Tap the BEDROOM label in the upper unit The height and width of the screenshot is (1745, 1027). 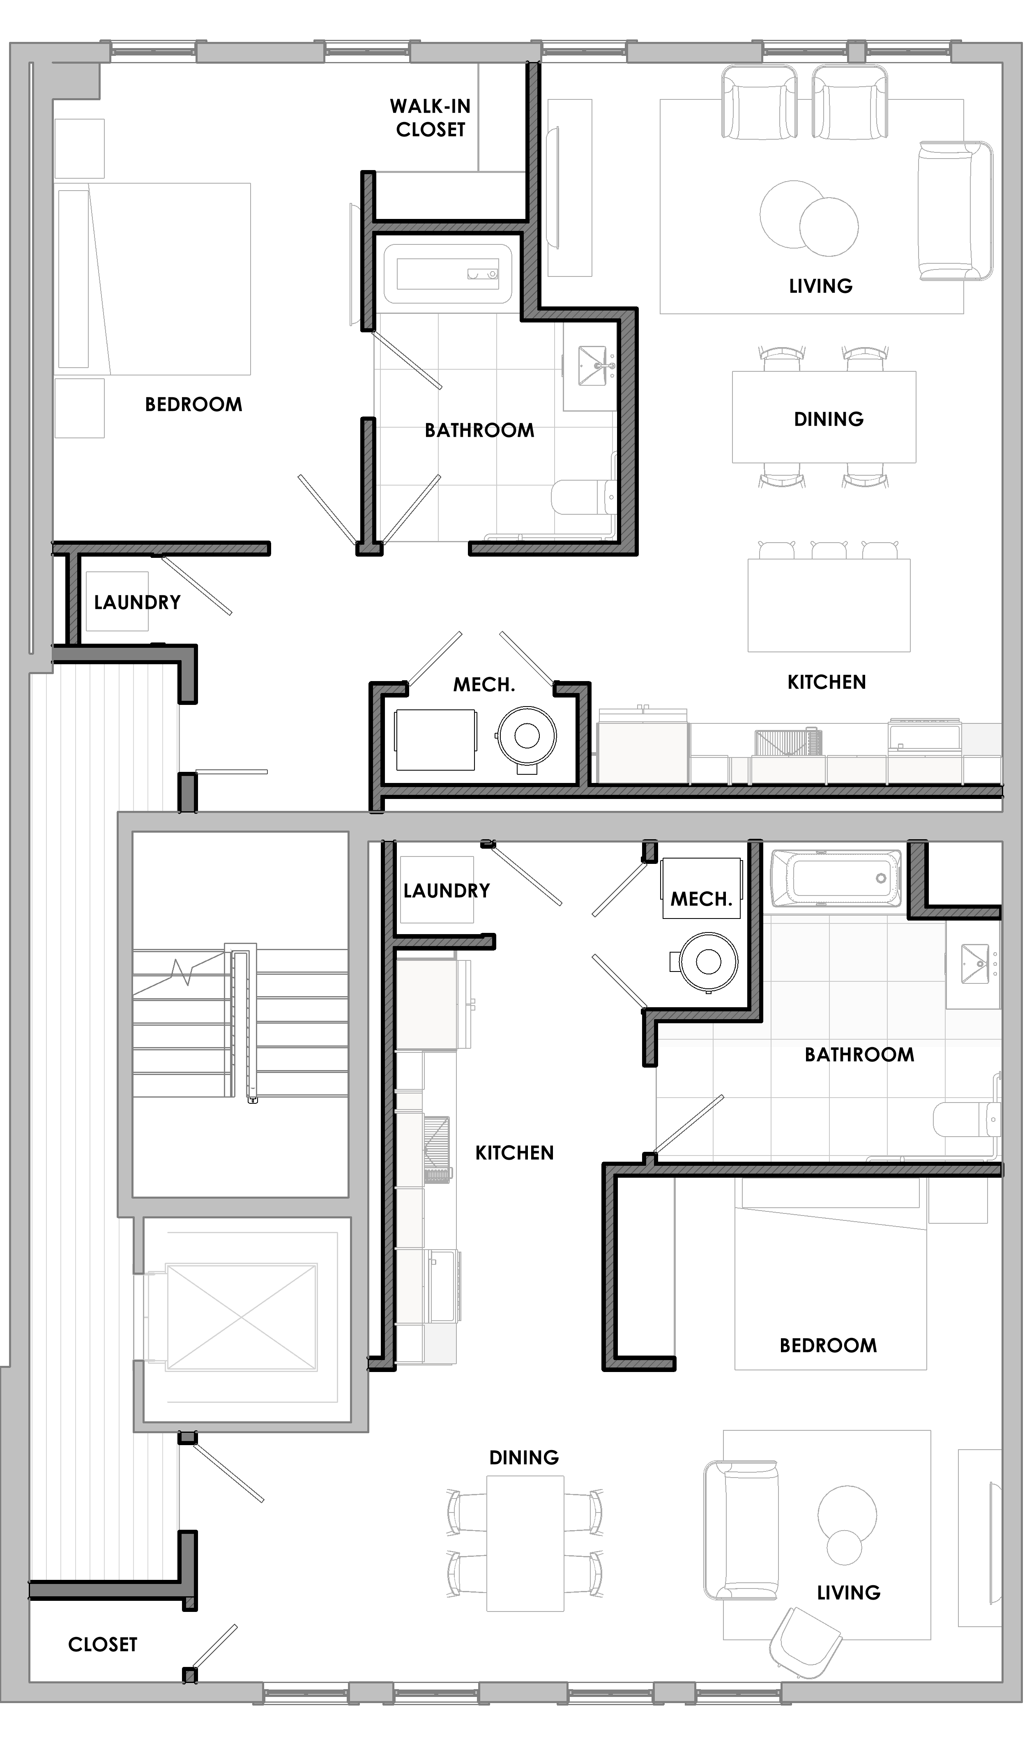[194, 404]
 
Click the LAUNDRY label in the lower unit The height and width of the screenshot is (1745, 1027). [447, 891]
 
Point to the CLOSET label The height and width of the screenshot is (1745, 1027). [102, 1645]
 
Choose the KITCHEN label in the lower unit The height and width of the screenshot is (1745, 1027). [515, 1153]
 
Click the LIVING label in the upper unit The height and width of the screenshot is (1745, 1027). [821, 286]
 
